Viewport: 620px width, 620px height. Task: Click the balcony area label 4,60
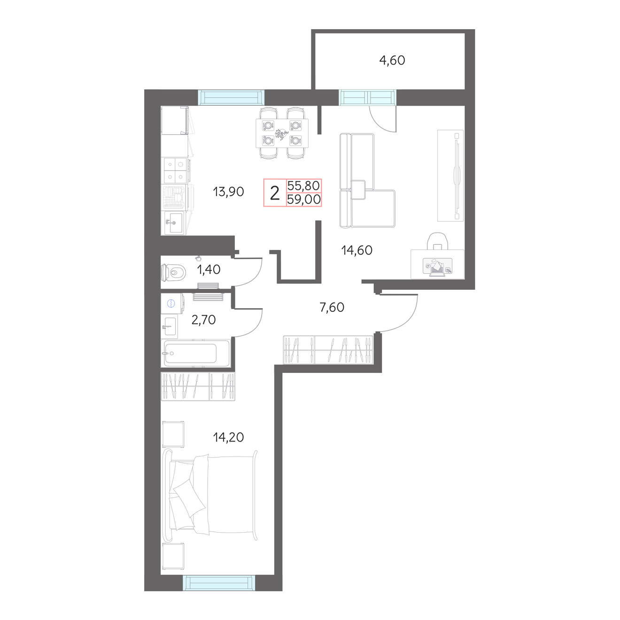pos(392,61)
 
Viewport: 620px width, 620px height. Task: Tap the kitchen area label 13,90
pos(228,192)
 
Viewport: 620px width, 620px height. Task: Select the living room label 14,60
pos(357,250)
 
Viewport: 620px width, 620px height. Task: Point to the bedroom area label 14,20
pos(228,437)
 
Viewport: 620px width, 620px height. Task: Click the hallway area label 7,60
pos(332,307)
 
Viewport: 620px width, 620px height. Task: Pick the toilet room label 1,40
pos(209,269)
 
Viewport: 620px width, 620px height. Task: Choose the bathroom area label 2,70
pos(203,320)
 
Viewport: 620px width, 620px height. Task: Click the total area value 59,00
pos(304,200)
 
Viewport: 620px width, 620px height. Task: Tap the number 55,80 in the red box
pos(303,186)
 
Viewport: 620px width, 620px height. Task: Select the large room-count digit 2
pos(274,194)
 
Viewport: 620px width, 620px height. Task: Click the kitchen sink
pos(174,222)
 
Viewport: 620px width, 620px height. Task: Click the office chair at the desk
pos(437,241)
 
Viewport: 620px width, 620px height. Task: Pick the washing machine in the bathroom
pos(172,303)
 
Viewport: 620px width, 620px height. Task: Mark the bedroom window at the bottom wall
pos(219,583)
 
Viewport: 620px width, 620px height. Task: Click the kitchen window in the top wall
pos(231,97)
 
